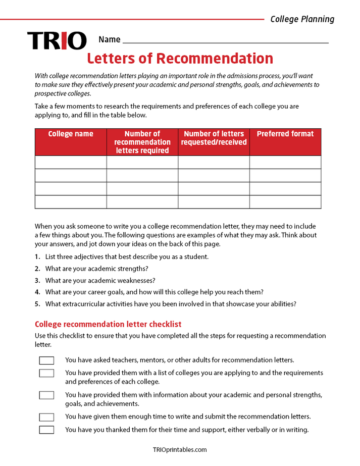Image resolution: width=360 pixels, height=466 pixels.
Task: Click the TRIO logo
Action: pos(57,41)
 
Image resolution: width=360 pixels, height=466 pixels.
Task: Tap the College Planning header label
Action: pos(302,19)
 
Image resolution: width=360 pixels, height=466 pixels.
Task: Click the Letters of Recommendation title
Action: pos(180,59)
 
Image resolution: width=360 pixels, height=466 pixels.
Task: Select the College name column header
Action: pos(71,134)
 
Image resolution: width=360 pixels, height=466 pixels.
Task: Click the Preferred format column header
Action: pos(285,134)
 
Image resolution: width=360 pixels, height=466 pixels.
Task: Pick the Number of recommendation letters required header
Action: pos(142,142)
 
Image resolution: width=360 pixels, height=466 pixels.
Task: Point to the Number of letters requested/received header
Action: pos(214,138)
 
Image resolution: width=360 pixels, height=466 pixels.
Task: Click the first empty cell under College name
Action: pos(71,162)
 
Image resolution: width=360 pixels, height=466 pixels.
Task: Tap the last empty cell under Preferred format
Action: pos(285,201)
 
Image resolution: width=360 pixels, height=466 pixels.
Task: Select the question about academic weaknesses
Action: pos(100,280)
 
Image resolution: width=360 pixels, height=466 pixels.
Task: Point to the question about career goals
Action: pos(154,292)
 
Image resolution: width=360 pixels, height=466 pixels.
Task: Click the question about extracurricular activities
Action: pos(170,304)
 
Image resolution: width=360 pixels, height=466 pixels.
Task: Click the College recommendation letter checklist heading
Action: pos(108,324)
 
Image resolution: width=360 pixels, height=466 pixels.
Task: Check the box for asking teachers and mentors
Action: pos(46,360)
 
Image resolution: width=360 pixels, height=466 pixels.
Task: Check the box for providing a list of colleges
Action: pos(46,373)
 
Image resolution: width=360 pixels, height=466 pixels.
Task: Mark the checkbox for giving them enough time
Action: pos(46,417)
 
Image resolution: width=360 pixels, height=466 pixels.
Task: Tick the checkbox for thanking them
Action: pos(46,430)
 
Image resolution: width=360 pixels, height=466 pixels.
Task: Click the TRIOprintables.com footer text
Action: pos(180,450)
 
